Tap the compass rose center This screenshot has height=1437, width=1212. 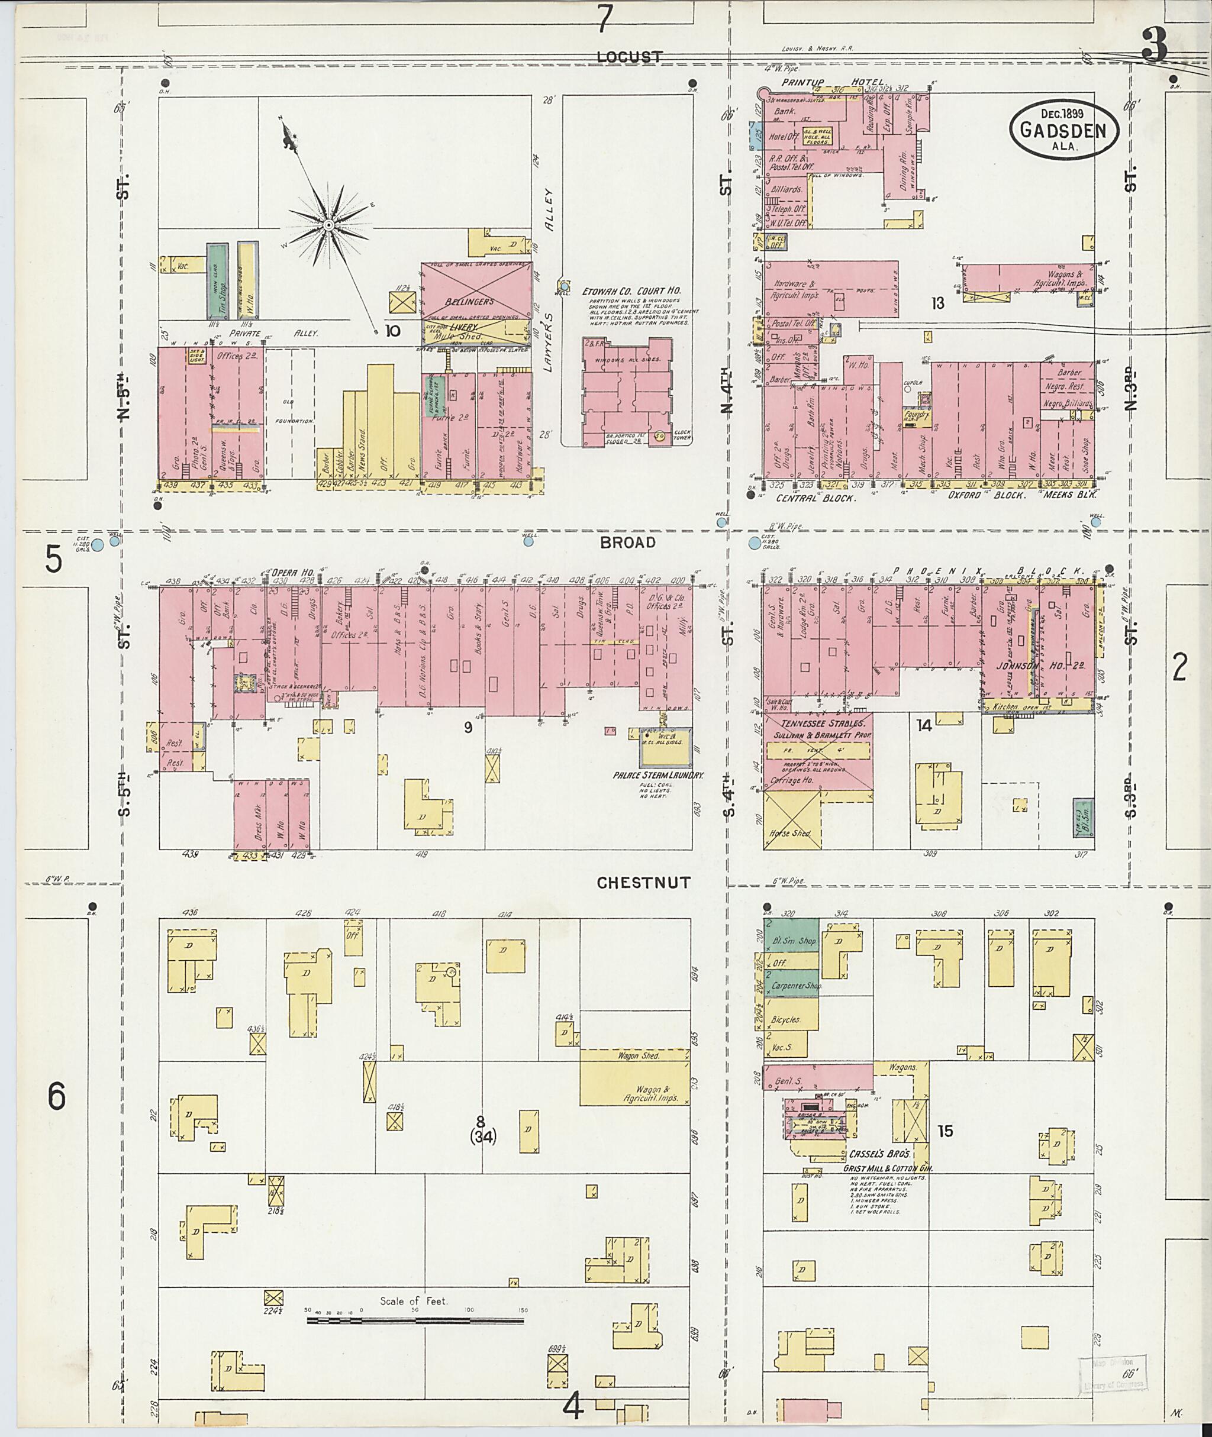coord(328,225)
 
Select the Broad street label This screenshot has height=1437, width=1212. coord(627,542)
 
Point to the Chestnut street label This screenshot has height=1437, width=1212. coord(643,883)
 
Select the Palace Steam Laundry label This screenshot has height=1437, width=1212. coord(658,775)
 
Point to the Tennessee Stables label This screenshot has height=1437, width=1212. coord(817,724)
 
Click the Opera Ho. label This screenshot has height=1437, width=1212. coord(291,572)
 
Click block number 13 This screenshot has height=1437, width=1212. coord(938,303)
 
